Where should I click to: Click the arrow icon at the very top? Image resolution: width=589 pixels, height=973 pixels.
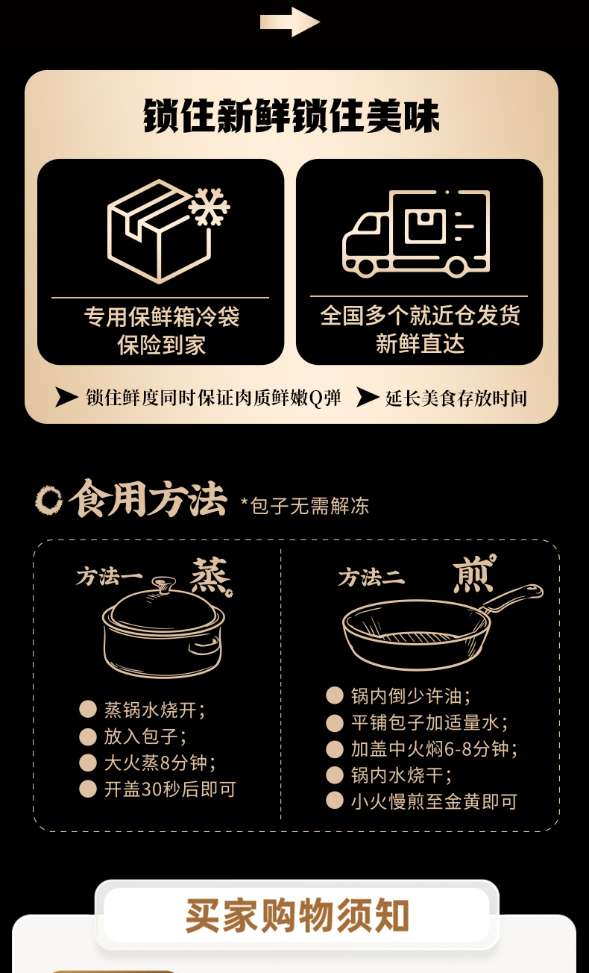(x=290, y=22)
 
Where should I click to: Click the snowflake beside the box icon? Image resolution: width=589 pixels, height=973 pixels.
(x=209, y=207)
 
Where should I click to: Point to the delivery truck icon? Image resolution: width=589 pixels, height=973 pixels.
(x=416, y=233)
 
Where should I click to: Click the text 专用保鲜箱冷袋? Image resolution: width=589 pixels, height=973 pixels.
(x=161, y=316)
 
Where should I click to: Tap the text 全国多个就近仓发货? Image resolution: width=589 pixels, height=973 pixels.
(x=420, y=315)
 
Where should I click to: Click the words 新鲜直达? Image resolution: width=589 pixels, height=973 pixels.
(x=420, y=343)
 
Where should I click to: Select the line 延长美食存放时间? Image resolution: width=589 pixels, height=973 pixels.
(x=456, y=398)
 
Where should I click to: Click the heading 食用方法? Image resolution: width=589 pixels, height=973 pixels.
(x=148, y=499)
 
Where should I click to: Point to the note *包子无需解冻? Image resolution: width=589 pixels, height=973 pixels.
(x=305, y=506)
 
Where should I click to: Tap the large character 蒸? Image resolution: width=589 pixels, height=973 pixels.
(x=210, y=576)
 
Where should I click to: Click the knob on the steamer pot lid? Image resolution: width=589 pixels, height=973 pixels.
(x=164, y=582)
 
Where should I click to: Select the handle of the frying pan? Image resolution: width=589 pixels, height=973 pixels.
(x=514, y=598)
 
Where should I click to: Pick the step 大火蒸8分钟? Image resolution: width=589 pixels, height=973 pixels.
(x=160, y=763)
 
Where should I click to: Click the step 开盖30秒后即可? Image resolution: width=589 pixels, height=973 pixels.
(x=170, y=789)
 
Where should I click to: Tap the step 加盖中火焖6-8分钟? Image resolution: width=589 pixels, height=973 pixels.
(x=434, y=748)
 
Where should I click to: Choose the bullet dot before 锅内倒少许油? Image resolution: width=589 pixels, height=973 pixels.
(x=335, y=695)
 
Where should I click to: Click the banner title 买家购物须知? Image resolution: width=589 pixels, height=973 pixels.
(x=297, y=916)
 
